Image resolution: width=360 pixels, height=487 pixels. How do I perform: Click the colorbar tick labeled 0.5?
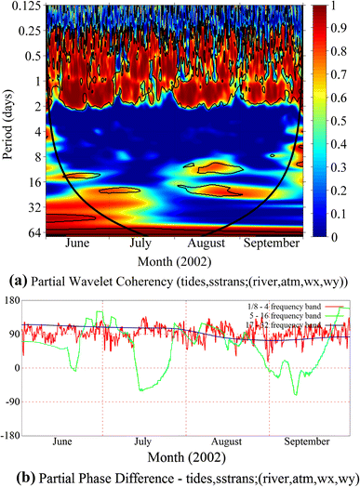tap(343, 121)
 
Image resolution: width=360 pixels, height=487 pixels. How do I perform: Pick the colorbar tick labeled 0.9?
tap(343, 30)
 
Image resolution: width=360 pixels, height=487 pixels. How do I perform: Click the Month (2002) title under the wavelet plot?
tap(174, 261)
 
